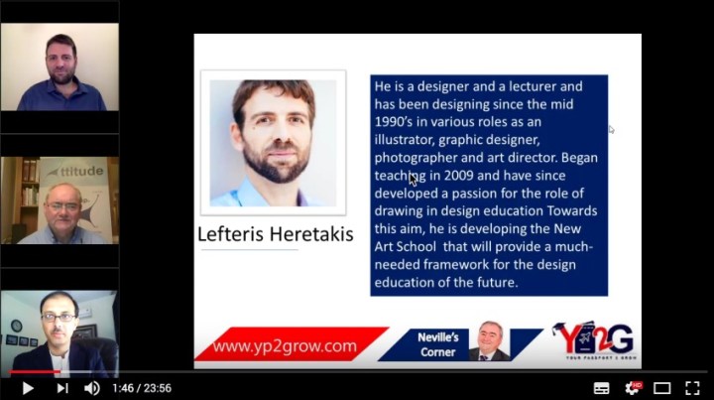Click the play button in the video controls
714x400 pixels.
pos(27,388)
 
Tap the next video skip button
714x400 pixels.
pos(61,388)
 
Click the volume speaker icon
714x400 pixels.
pos(92,388)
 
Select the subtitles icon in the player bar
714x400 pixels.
pos(601,388)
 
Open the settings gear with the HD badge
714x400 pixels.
pos(632,388)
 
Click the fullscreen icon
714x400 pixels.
pos(692,388)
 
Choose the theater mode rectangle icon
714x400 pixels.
pos(662,388)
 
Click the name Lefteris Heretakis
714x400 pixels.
pos(277,235)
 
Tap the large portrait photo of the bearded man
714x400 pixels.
pos(273,142)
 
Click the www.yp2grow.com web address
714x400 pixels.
pos(285,346)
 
